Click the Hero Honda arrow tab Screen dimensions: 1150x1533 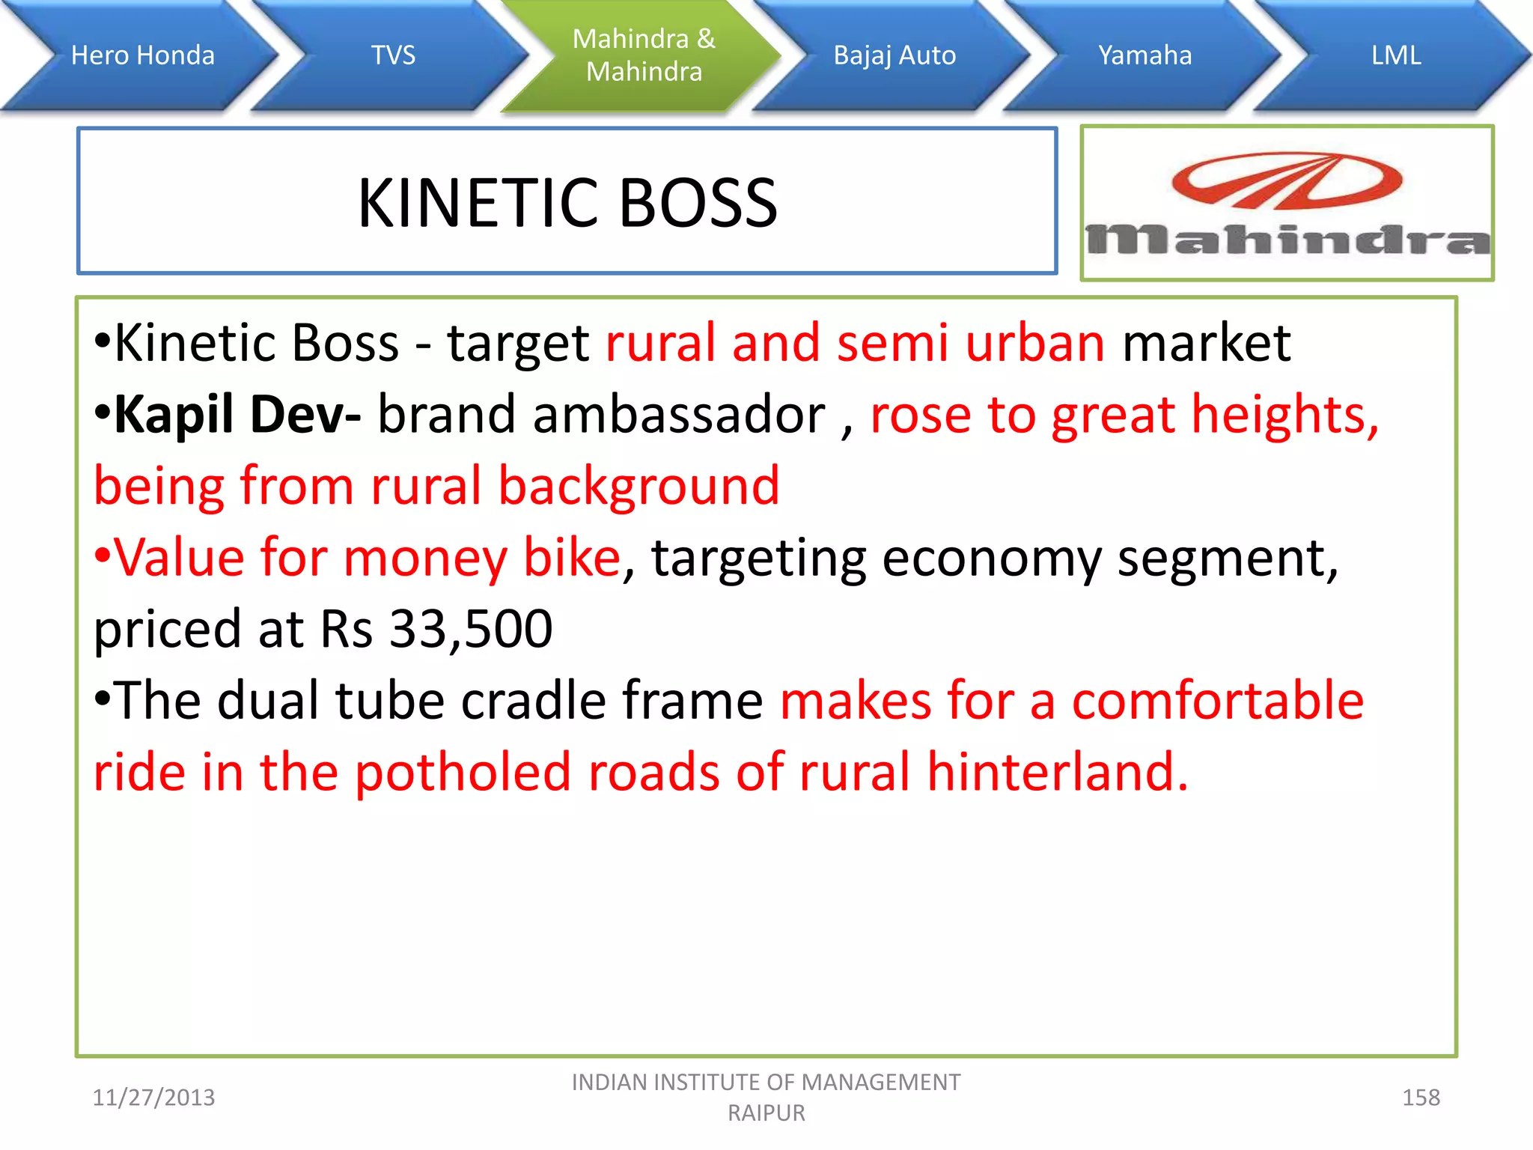[x=142, y=55]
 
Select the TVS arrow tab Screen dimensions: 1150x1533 [x=393, y=55]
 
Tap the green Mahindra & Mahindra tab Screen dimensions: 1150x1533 [x=644, y=55]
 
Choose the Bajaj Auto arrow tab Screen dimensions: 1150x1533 [x=894, y=55]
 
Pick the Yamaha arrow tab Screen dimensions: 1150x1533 [x=1145, y=55]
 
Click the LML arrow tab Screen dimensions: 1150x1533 [x=1396, y=55]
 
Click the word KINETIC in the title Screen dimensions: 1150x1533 [x=479, y=203]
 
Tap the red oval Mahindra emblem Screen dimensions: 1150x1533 [x=1287, y=181]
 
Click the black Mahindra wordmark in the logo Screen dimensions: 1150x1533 [x=1287, y=240]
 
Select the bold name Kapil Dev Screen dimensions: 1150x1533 [x=237, y=414]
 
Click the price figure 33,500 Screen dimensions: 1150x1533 [x=471, y=629]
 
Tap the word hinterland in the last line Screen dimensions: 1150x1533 [x=1057, y=772]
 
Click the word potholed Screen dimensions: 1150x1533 [x=463, y=772]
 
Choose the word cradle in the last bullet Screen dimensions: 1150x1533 [x=533, y=701]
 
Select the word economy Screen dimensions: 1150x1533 [x=991, y=558]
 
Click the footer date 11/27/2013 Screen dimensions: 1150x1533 [x=153, y=1098]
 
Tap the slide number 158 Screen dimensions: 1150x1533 [x=1421, y=1098]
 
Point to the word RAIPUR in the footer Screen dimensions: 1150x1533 [x=766, y=1113]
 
